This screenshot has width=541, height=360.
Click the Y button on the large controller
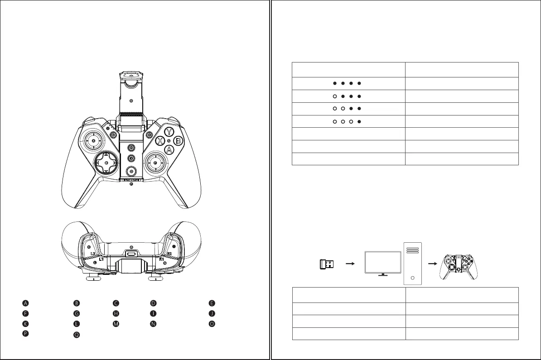coord(169,132)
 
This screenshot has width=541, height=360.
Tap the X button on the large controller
coord(160,140)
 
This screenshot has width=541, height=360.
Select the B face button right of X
coord(178,140)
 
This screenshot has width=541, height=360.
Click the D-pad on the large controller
coord(106,162)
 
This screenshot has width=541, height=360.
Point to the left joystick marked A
coord(93,141)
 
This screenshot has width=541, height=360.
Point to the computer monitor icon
coord(383,261)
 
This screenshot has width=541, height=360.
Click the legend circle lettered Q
coord(77,335)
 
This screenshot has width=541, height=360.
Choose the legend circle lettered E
coord(211,303)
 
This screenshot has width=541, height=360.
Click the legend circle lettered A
coord(26,303)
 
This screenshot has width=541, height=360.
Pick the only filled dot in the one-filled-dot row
coord(359,121)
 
